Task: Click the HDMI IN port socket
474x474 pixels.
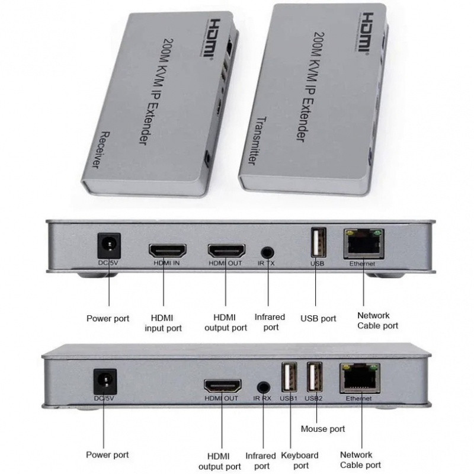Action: (x=166, y=251)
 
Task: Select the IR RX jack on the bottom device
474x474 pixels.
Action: (x=264, y=385)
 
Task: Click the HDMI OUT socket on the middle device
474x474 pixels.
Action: (x=226, y=251)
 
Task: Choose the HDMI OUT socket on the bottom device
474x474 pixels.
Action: (x=223, y=385)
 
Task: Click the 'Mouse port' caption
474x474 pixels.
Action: (x=323, y=428)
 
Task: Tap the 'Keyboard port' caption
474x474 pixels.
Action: (x=300, y=460)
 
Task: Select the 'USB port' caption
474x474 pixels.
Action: (x=318, y=318)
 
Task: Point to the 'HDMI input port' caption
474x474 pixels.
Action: (x=164, y=323)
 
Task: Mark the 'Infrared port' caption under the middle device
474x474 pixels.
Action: (x=270, y=322)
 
